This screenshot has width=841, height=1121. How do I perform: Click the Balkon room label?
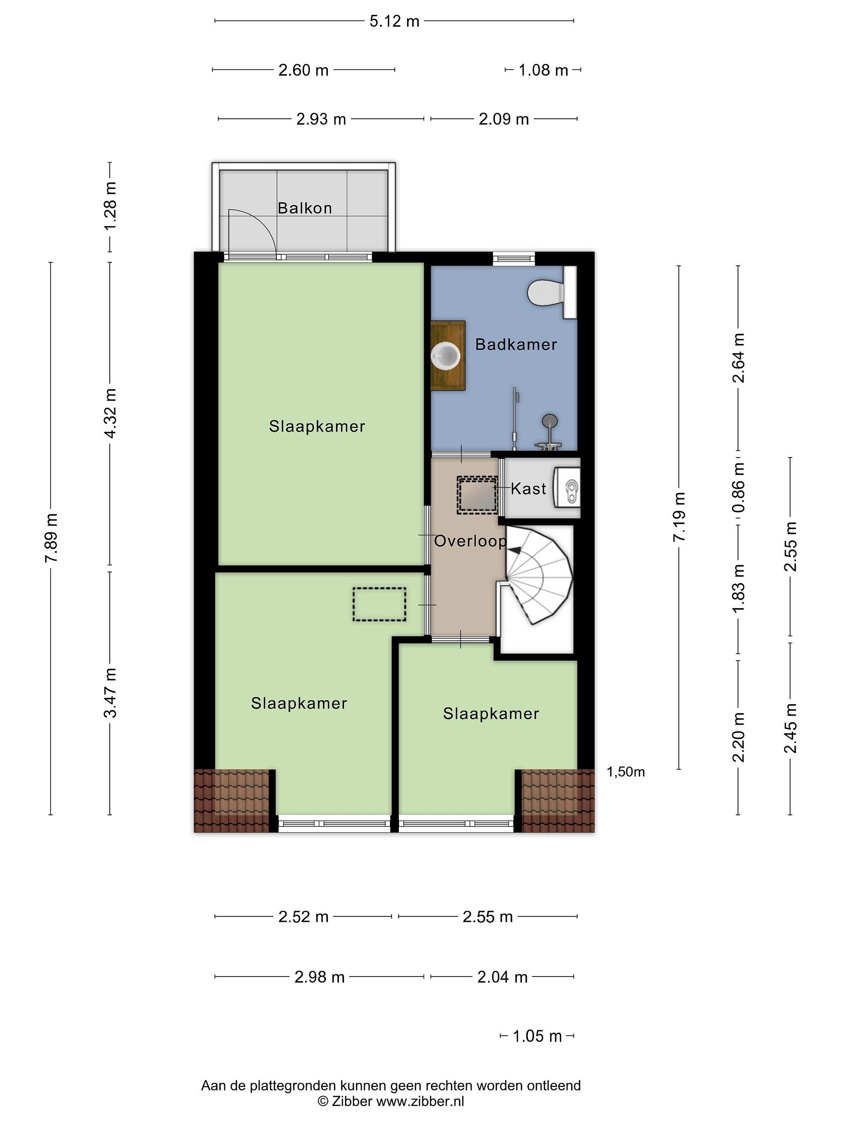pos(304,208)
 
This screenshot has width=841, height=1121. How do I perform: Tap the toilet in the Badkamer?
pos(552,292)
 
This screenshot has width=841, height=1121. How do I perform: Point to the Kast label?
pos(528,488)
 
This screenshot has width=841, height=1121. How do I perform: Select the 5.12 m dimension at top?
pos(394,21)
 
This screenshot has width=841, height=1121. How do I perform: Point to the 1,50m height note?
pos(626,772)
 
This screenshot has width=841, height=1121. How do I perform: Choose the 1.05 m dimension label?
pos(537,1037)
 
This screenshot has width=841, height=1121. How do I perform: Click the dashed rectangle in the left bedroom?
pos(379,604)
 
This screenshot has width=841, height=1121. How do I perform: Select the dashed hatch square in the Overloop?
pos(477,495)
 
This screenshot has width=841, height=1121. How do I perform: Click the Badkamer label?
pos(516,344)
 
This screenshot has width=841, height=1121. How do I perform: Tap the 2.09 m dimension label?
pos(504,119)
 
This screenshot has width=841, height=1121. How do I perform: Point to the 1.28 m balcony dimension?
pos(110,206)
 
